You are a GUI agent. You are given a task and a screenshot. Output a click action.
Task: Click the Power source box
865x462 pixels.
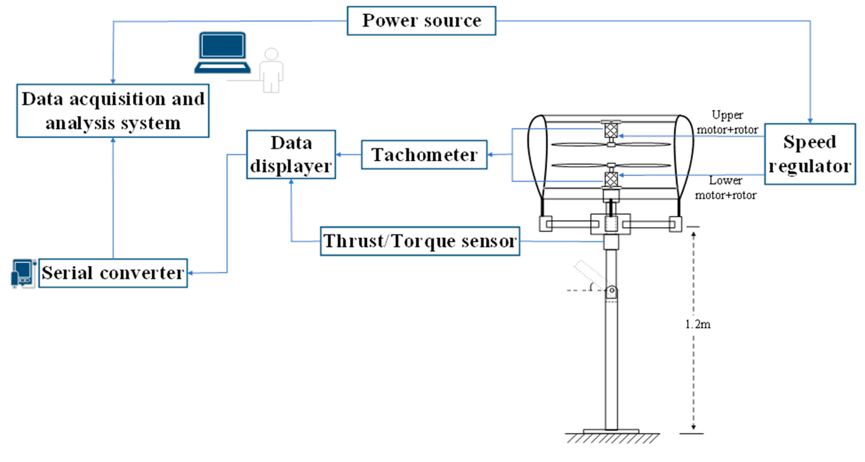(421, 21)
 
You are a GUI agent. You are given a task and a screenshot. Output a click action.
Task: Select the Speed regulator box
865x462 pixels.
(810, 154)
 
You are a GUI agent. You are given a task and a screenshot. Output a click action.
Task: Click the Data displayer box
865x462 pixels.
(291, 155)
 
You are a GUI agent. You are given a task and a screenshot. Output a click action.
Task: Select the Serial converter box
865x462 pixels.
(113, 273)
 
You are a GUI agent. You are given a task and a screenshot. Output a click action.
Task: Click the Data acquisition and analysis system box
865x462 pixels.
(113, 111)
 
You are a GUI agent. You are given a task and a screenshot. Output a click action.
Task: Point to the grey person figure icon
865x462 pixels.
(271, 70)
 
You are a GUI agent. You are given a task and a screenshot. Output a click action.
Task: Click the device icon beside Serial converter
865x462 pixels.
(23, 273)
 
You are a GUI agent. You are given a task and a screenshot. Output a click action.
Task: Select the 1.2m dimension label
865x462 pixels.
(697, 324)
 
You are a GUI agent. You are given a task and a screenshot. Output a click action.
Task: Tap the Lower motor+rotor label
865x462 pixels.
(726, 188)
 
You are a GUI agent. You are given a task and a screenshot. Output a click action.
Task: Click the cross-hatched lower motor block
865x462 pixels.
(611, 179)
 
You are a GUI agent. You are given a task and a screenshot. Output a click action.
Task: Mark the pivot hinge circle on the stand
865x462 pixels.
(611, 290)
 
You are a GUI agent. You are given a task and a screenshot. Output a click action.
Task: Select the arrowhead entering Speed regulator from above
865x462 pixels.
(810, 120)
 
